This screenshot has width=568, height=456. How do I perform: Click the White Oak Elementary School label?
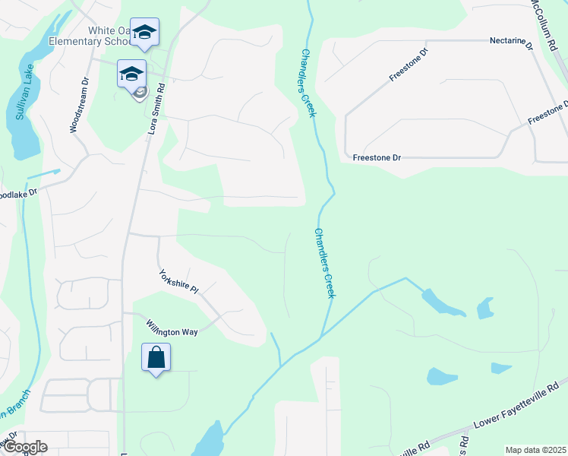(89, 36)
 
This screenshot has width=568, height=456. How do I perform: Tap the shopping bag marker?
(156, 358)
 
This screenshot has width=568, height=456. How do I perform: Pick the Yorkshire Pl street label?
(178, 281)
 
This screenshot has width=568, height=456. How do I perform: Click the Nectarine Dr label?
(512, 40)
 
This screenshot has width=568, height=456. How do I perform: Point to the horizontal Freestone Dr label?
(377, 157)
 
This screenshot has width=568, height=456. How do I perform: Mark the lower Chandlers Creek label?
(324, 263)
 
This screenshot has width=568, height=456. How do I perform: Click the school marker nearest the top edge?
(144, 32)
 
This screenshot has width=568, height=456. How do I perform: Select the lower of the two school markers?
(131, 74)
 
